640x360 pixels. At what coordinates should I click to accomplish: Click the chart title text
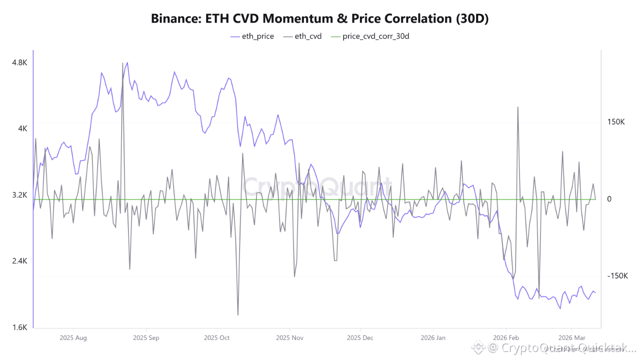click(319, 18)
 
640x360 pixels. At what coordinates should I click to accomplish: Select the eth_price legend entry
click(252, 36)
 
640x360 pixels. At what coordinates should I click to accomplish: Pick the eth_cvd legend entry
click(302, 36)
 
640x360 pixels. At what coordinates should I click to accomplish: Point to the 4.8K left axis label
click(19, 62)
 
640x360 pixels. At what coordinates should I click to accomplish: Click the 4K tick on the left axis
click(23, 128)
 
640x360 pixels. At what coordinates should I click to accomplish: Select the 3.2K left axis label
click(19, 195)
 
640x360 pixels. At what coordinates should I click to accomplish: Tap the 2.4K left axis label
click(19, 261)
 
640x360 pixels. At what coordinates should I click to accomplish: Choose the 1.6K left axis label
click(19, 327)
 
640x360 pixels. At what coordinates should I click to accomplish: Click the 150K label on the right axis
click(616, 122)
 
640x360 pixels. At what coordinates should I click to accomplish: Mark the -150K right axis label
click(617, 276)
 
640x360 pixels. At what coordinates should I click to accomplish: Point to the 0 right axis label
click(609, 199)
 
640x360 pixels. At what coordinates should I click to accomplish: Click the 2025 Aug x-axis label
click(73, 338)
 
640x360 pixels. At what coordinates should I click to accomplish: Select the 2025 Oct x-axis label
click(217, 338)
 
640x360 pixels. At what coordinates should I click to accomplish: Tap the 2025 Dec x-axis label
click(360, 338)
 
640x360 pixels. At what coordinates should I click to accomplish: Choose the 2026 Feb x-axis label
click(505, 338)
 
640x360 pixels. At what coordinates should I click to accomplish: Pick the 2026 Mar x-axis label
click(571, 338)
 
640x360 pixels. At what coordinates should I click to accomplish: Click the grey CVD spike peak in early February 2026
click(517, 107)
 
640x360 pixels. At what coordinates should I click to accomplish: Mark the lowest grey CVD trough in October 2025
click(237, 314)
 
